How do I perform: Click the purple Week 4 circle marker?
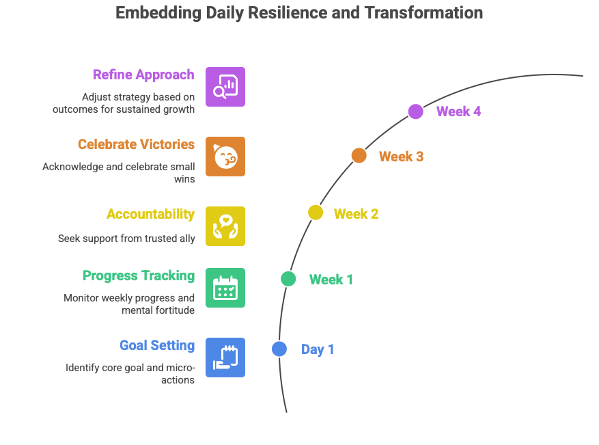tap(415, 111)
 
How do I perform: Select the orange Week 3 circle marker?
tap(359, 156)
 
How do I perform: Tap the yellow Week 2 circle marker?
tap(315, 213)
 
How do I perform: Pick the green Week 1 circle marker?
tap(288, 278)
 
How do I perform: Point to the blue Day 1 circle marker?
tap(279, 349)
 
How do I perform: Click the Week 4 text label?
tap(458, 111)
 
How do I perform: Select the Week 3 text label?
tap(401, 157)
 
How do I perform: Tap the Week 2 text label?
tap(356, 214)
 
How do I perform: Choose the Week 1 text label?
tap(331, 280)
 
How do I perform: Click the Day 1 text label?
tap(318, 350)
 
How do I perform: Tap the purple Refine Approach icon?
tap(225, 87)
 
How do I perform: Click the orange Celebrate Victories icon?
tap(225, 157)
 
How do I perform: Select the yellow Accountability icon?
tap(225, 226)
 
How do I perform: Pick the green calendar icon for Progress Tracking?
tap(225, 288)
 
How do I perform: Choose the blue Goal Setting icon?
tap(225, 358)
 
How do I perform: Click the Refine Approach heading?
tap(143, 75)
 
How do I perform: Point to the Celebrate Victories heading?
tap(136, 144)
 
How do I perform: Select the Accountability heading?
tap(150, 214)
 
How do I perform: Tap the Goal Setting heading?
tap(157, 345)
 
